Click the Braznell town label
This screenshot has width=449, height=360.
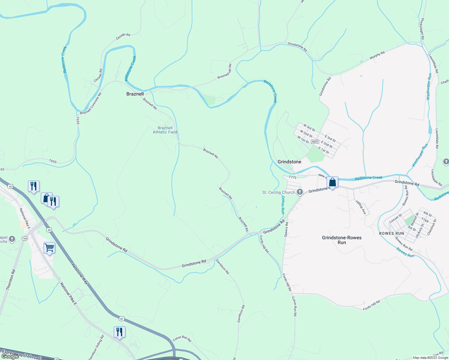(135, 94)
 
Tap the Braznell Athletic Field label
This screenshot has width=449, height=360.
(165, 130)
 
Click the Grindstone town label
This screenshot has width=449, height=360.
(289, 162)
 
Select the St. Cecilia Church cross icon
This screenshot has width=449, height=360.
(300, 192)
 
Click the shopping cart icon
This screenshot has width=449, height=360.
(49, 248)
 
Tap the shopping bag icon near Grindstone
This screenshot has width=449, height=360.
(332, 182)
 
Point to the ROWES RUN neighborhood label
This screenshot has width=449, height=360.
(391, 233)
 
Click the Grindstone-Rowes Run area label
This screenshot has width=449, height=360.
(342, 240)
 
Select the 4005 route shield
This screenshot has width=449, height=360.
(315, 142)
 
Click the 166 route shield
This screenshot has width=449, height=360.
(25, 238)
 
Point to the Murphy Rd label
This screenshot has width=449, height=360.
(377, 55)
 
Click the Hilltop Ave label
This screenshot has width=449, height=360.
(361, 207)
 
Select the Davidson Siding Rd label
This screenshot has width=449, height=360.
(96, 347)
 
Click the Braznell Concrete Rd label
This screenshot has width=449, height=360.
(91, 103)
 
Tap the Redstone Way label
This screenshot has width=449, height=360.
(80, 274)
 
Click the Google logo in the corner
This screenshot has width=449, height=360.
(10, 356)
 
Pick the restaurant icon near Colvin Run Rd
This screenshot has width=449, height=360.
(119, 332)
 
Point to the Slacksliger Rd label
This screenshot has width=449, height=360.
(422, 29)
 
